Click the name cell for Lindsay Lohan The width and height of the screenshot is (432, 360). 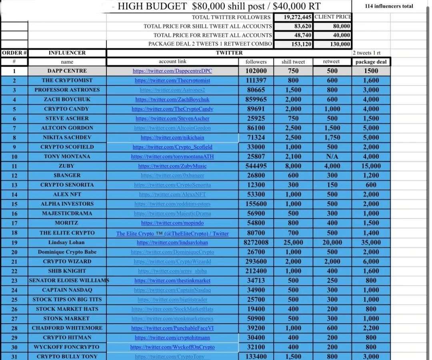pos(66,242)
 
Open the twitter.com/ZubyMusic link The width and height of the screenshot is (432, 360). pos(172,166)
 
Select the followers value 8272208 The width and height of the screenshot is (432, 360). pos(256,242)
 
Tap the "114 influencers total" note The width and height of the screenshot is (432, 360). pos(389,6)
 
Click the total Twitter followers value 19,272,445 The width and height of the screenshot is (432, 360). pos(294,17)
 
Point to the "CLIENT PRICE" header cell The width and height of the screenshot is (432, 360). pos(333,17)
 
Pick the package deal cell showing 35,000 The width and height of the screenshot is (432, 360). pos(371,242)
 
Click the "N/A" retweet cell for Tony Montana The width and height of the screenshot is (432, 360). pos(332,156)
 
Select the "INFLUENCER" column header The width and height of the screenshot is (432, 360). pos(67,53)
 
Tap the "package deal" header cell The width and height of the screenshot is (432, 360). pos(371,62)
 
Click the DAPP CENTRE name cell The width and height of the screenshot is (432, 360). pos(67,71)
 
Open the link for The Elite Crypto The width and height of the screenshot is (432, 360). pos(172,233)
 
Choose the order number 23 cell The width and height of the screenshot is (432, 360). pos(14,280)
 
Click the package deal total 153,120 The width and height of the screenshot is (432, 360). pos(294,44)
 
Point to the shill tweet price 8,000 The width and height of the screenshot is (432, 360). pos(293,166)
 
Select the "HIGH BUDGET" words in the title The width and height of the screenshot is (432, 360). pos(152,6)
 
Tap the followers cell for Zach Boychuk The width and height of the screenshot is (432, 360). pos(256,99)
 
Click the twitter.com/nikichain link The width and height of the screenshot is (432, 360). pos(172,137)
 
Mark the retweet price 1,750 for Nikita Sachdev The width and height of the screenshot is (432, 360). pos(332,137)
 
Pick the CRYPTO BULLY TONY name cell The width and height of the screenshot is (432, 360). pos(67,356)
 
